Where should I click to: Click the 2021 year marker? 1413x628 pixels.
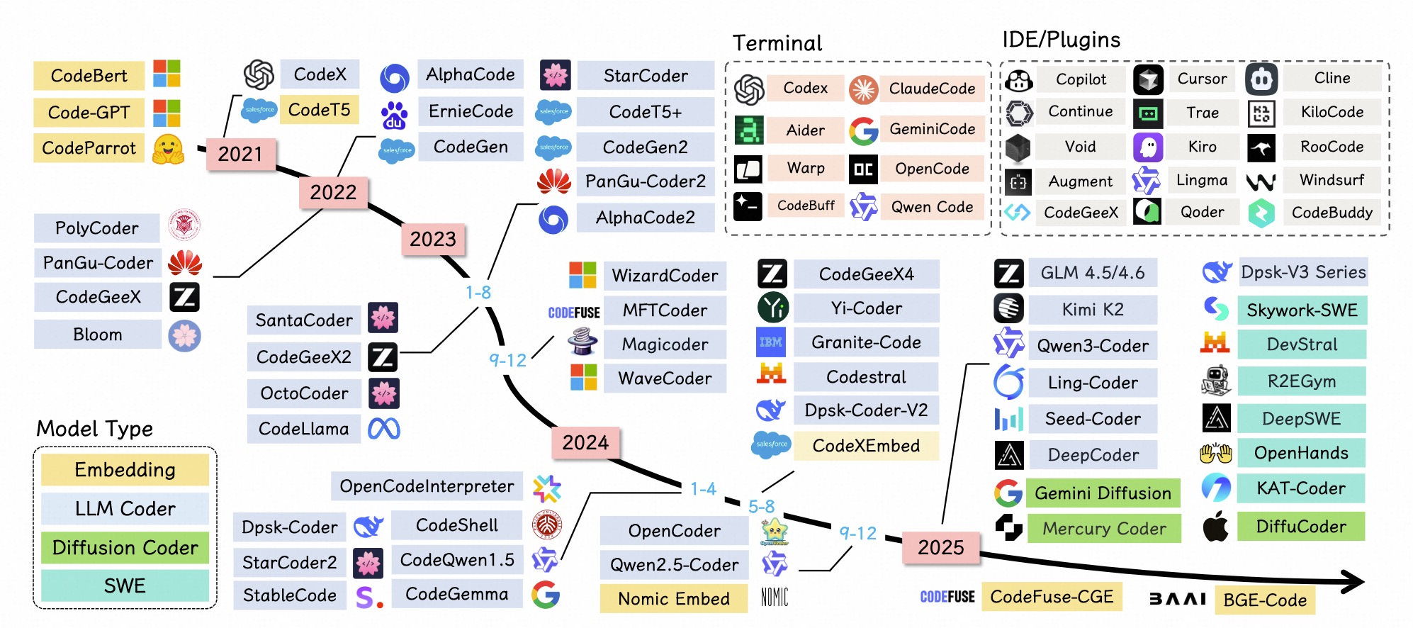(x=240, y=154)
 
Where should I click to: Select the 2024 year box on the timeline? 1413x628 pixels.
(x=585, y=442)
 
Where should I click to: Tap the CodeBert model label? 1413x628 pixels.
(x=89, y=76)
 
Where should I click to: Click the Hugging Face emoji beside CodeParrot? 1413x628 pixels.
(x=168, y=149)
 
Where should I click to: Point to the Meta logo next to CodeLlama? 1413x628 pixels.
(x=384, y=428)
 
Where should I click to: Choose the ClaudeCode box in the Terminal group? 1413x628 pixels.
(x=932, y=89)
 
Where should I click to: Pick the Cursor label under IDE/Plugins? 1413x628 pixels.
(x=1202, y=79)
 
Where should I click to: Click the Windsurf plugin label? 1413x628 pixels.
(x=1332, y=180)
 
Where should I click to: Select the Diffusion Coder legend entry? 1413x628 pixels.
(x=125, y=548)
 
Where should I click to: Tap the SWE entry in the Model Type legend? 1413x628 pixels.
(x=125, y=585)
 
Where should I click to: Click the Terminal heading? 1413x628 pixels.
(x=777, y=43)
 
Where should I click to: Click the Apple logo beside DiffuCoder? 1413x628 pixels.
(x=1216, y=527)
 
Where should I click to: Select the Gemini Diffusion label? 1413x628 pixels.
(x=1103, y=493)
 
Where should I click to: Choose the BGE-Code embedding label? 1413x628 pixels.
(x=1265, y=600)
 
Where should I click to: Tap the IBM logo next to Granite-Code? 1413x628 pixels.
(x=771, y=342)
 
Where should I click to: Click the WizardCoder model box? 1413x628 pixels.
(x=665, y=276)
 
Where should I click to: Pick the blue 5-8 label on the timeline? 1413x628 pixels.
(x=761, y=506)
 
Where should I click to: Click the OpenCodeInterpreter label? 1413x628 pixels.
(x=427, y=486)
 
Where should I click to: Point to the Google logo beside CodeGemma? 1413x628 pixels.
(x=546, y=595)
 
